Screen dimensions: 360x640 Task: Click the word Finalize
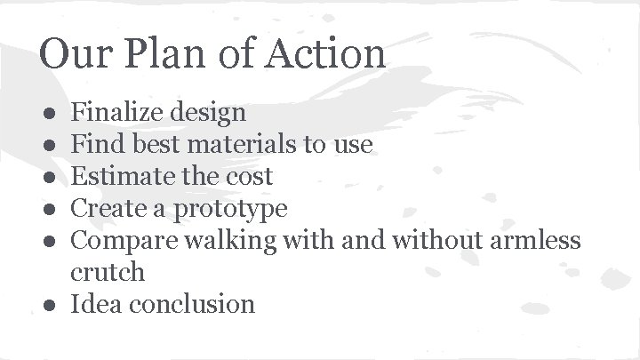pos(115,112)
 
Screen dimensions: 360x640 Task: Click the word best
pos(152,144)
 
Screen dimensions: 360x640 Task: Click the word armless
pos(532,240)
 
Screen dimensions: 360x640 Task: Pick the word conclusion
pos(192,304)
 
